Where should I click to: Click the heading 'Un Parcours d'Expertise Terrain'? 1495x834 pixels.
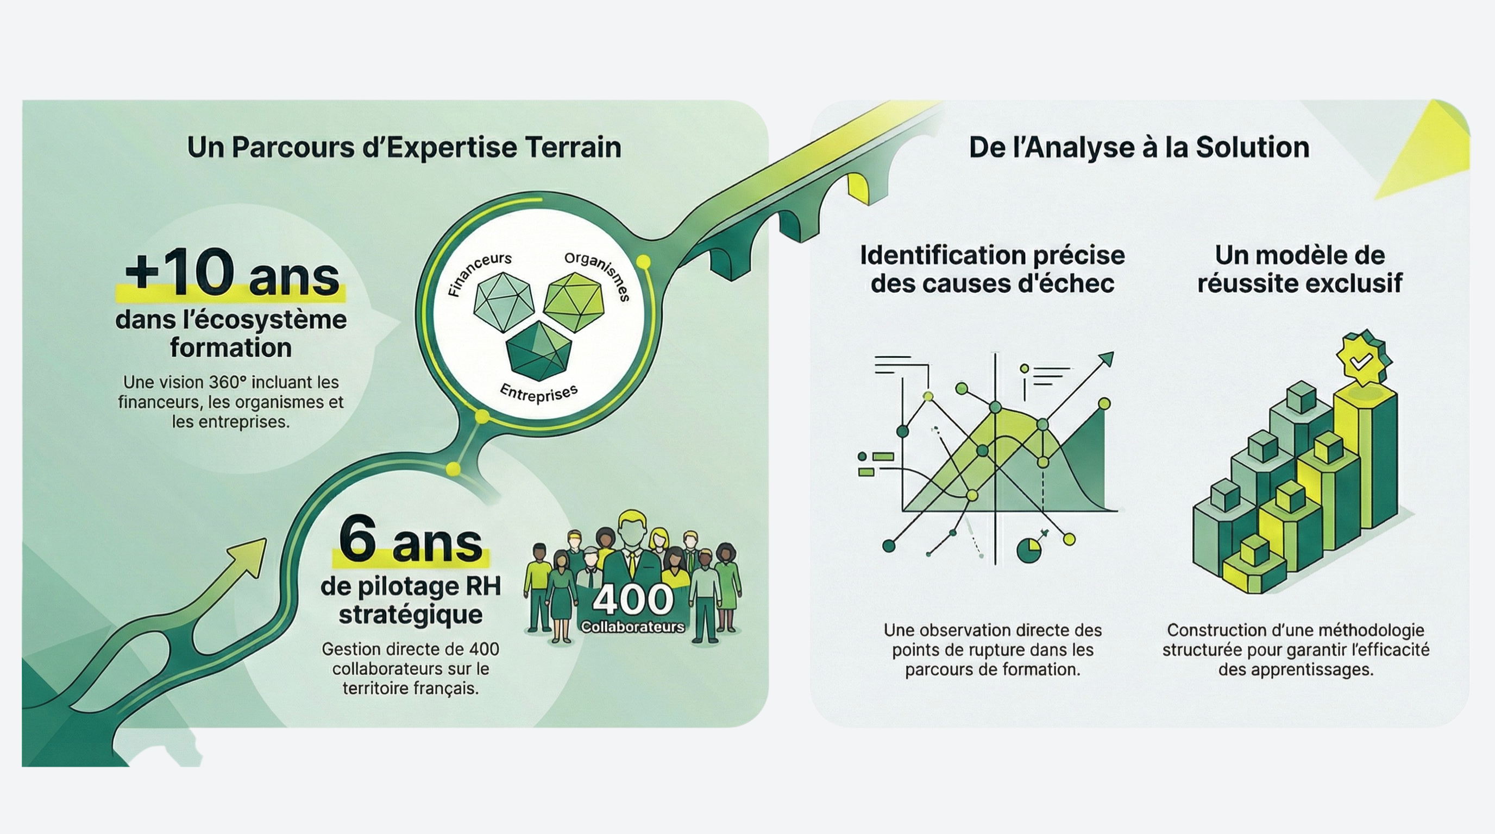tap(404, 147)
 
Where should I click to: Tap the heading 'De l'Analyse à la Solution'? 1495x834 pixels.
tap(1139, 147)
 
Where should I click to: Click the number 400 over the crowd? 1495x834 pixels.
tap(632, 599)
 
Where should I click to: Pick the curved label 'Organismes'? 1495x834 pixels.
tap(598, 274)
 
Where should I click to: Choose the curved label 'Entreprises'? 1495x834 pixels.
tap(538, 394)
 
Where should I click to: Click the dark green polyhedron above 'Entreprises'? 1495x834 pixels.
tap(538, 351)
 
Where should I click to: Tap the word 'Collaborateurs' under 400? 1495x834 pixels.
tap(632, 627)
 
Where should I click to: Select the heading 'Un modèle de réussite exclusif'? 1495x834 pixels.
tap(1299, 269)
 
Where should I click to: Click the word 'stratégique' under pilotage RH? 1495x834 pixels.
tap(410, 614)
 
